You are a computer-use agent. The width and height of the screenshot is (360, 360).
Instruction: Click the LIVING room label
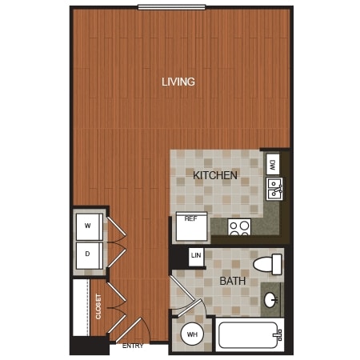click(178, 82)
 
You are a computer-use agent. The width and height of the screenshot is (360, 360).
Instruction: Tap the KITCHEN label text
click(215, 175)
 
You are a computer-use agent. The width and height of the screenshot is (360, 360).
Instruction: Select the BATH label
click(233, 281)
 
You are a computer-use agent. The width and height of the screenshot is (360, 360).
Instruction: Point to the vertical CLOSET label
click(98, 306)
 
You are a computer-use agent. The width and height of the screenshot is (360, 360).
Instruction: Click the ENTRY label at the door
click(133, 346)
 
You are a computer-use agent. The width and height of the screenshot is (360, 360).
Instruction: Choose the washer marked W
click(90, 226)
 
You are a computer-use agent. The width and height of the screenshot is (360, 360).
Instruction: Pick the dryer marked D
click(90, 255)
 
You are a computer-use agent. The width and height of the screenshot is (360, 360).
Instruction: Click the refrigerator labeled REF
click(191, 226)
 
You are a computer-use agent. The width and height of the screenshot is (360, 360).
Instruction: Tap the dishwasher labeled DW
click(273, 164)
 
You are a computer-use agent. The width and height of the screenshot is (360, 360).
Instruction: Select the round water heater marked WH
click(192, 334)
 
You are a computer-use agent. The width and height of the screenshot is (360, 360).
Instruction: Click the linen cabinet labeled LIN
click(196, 257)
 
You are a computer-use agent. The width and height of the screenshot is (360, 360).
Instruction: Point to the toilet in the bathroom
click(267, 264)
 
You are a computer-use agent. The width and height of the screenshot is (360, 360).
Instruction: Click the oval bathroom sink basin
click(271, 300)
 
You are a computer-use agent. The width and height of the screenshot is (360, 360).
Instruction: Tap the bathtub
click(250, 335)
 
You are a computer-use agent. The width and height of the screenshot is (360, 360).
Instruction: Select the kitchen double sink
click(274, 189)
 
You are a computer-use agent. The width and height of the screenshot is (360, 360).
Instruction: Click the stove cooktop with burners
click(239, 227)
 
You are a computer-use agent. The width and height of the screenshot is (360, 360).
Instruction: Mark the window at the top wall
click(172, 7)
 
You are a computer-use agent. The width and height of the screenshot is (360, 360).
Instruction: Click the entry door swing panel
click(129, 330)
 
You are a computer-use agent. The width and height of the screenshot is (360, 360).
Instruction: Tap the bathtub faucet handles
click(278, 335)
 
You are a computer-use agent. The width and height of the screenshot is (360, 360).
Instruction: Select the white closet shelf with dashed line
click(82, 307)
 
